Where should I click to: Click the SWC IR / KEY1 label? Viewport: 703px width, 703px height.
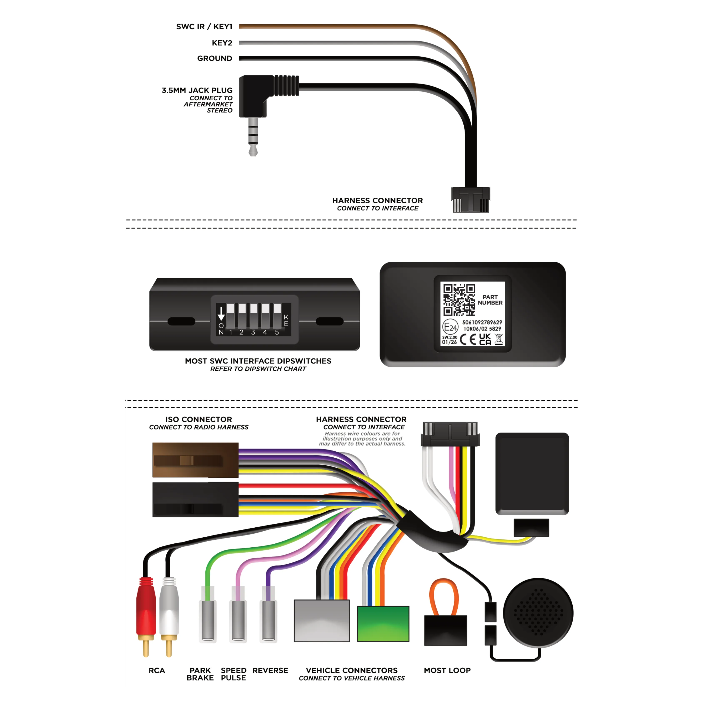click(204, 27)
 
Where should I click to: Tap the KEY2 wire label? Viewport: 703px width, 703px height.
click(222, 43)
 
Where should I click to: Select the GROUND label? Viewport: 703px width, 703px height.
click(215, 58)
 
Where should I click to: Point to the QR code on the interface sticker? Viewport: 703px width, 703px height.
click(459, 300)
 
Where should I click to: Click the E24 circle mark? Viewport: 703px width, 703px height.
click(450, 327)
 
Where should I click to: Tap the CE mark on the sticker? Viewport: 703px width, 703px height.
click(468, 340)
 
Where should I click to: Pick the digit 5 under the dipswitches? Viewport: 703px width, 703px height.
click(277, 332)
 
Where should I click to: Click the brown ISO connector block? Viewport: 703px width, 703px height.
click(195, 460)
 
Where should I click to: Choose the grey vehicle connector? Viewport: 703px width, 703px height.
click(322, 621)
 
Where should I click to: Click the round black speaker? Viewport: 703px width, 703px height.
click(538, 613)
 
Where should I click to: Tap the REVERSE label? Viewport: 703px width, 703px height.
click(270, 670)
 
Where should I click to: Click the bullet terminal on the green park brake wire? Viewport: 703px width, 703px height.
click(208, 619)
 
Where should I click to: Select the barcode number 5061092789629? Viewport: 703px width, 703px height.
click(482, 322)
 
